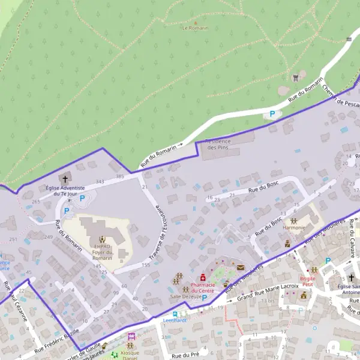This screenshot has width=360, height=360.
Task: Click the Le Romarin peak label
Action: (x=195, y=28)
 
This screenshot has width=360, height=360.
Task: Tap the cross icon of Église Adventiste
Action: (x=65, y=179)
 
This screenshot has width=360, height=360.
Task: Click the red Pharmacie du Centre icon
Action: (x=203, y=277)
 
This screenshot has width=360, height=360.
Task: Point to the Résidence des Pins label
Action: (x=218, y=144)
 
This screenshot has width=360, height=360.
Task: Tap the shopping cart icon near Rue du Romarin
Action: (x=295, y=77)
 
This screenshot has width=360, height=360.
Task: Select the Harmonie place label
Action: (x=293, y=228)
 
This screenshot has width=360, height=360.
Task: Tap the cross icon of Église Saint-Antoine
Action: (x=352, y=278)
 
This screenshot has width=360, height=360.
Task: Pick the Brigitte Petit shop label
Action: (x=308, y=281)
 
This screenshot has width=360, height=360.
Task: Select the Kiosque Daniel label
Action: (x=130, y=355)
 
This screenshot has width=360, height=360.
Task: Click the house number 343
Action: (x=100, y=181)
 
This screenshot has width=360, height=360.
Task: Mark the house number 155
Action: (x=145, y=264)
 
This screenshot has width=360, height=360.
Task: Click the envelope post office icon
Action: (x=241, y=268)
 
